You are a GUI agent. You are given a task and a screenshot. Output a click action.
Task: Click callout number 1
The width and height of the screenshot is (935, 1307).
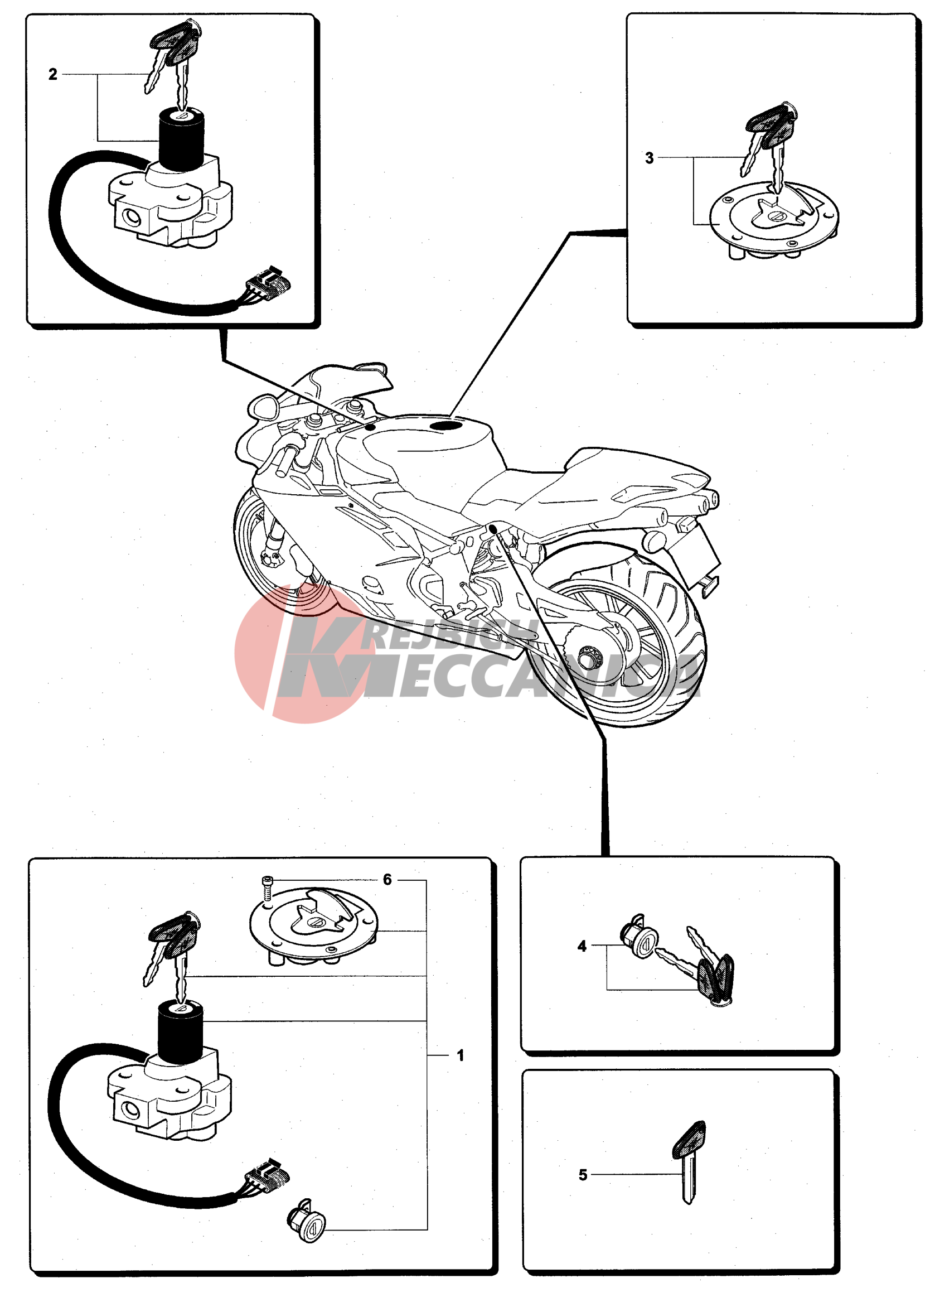tap(460, 1055)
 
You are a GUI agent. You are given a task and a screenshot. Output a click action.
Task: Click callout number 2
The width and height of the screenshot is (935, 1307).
tap(53, 74)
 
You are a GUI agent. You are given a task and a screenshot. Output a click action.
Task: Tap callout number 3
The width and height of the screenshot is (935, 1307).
tap(650, 158)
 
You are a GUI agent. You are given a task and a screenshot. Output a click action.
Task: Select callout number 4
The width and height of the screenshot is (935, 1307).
tap(582, 946)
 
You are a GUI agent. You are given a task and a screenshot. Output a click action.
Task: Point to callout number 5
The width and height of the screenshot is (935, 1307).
tap(583, 1174)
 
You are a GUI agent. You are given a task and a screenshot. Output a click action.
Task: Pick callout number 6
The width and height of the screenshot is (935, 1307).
tap(387, 880)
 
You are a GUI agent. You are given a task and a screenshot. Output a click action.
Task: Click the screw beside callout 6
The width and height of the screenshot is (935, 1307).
tap(267, 889)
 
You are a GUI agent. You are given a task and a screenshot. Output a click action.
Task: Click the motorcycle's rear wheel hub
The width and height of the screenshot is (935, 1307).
tap(589, 656)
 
